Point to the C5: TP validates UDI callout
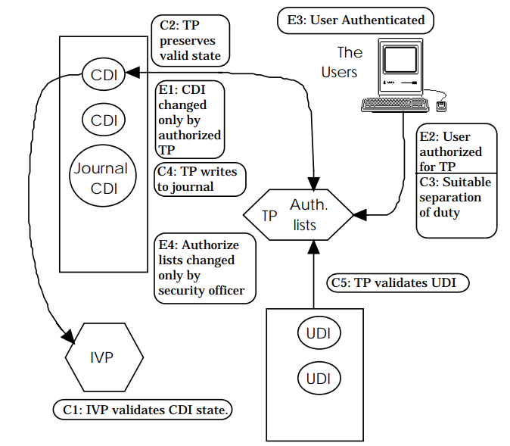pos(399,283)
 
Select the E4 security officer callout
pos(204,267)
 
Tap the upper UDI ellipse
pos(318,332)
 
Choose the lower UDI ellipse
pos(318,377)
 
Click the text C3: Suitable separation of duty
pos(456,198)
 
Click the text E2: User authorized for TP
pos(452,151)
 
